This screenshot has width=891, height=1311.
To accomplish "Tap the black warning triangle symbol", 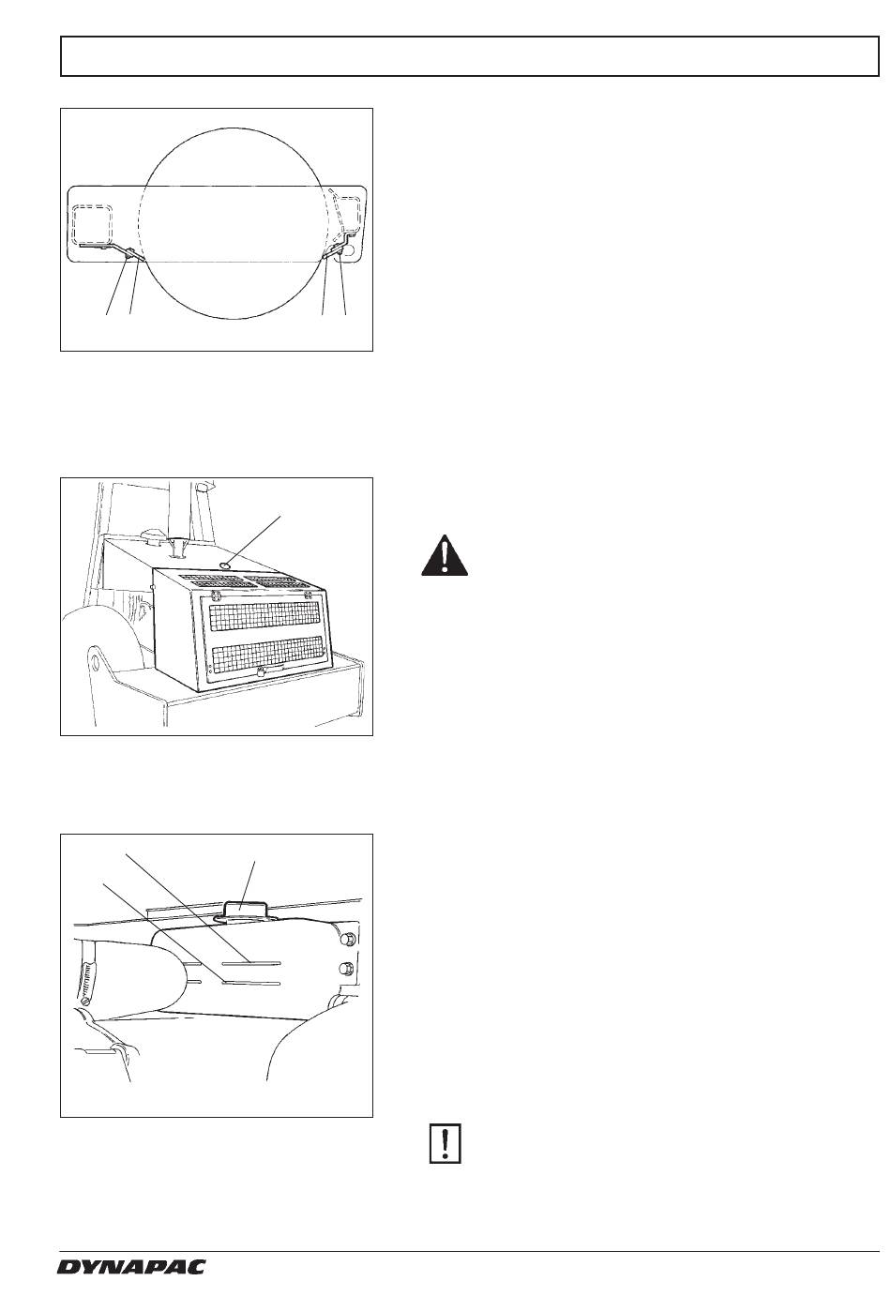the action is (445, 555).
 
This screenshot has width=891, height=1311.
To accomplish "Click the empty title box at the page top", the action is (470, 56).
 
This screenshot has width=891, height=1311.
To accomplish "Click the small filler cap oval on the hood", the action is (225, 565).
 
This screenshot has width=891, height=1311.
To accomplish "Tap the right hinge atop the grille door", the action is (308, 595).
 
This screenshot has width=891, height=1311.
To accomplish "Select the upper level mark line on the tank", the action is (252, 962).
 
